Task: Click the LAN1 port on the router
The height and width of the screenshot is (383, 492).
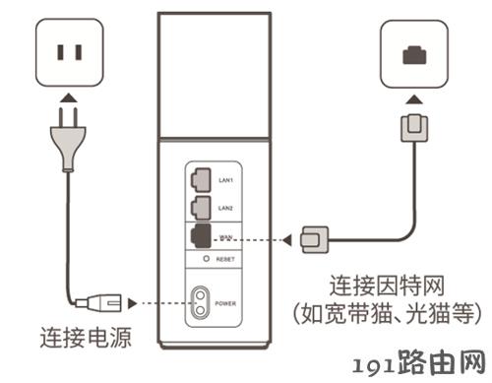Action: point(201,180)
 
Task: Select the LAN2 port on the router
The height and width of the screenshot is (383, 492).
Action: point(201,208)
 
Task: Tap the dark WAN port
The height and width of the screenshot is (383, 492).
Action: point(201,235)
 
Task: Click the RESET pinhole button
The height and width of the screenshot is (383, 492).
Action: point(206,259)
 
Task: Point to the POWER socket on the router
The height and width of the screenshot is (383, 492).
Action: point(200,303)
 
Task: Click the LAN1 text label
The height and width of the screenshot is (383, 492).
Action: point(225,180)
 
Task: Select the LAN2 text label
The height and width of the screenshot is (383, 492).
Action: point(225,208)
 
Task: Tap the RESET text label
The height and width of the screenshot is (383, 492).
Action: point(225,259)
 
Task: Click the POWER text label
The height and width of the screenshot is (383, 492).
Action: point(225,303)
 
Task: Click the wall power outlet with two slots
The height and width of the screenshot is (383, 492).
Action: point(70,52)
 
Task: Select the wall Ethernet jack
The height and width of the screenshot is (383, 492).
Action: point(414,54)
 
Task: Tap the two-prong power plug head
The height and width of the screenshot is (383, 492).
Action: point(68,140)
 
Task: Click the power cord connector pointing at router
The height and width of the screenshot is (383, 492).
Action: point(98,303)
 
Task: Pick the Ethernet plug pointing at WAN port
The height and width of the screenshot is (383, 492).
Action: point(315,240)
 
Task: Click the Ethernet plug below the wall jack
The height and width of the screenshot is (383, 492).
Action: point(414,128)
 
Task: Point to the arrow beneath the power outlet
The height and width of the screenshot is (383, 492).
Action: point(70,98)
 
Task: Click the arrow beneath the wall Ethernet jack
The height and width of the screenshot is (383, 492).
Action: point(414,99)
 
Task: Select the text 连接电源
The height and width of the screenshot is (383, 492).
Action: point(86,338)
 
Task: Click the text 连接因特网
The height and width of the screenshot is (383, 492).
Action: point(387,286)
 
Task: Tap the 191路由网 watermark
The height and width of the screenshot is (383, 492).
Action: point(419,363)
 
